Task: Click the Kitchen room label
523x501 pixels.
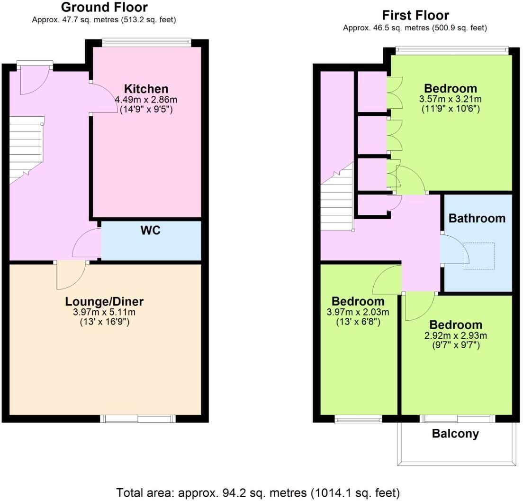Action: [146, 89]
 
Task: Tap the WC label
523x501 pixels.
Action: [150, 231]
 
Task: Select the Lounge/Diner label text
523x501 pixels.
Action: [104, 301]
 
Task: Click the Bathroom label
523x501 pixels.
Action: [477, 218]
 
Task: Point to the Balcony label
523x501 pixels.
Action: [455, 433]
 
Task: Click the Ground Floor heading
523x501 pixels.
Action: [104, 8]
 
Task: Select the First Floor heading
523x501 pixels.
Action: [415, 15]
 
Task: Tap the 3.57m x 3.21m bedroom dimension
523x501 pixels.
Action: [450, 99]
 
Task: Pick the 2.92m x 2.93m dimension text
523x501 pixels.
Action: [456, 336]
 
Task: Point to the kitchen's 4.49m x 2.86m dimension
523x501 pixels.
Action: [146, 100]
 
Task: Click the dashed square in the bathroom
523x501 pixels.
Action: [478, 256]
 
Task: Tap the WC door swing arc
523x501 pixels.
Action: [85, 243]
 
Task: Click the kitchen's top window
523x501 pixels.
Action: [147, 43]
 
